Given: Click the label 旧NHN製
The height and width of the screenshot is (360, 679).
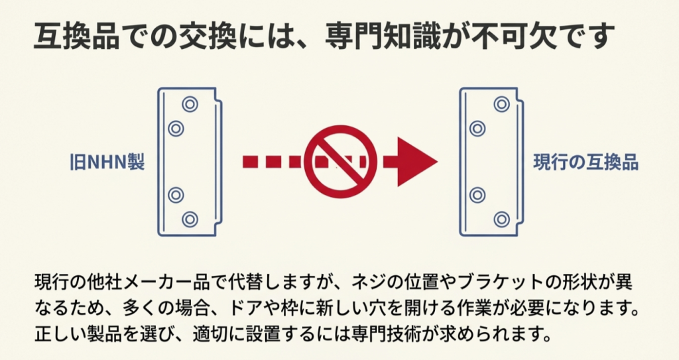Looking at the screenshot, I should click(x=107, y=162).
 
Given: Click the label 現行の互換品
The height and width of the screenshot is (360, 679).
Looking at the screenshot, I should click(x=586, y=162).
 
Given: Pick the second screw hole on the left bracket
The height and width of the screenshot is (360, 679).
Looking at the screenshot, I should click(x=176, y=128).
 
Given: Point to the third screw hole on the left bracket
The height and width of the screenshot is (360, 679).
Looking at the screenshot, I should click(x=176, y=195).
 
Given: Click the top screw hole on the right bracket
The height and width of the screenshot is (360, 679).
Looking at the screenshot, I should click(x=502, y=103).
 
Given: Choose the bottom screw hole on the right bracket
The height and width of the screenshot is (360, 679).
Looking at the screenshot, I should click(x=502, y=219).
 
